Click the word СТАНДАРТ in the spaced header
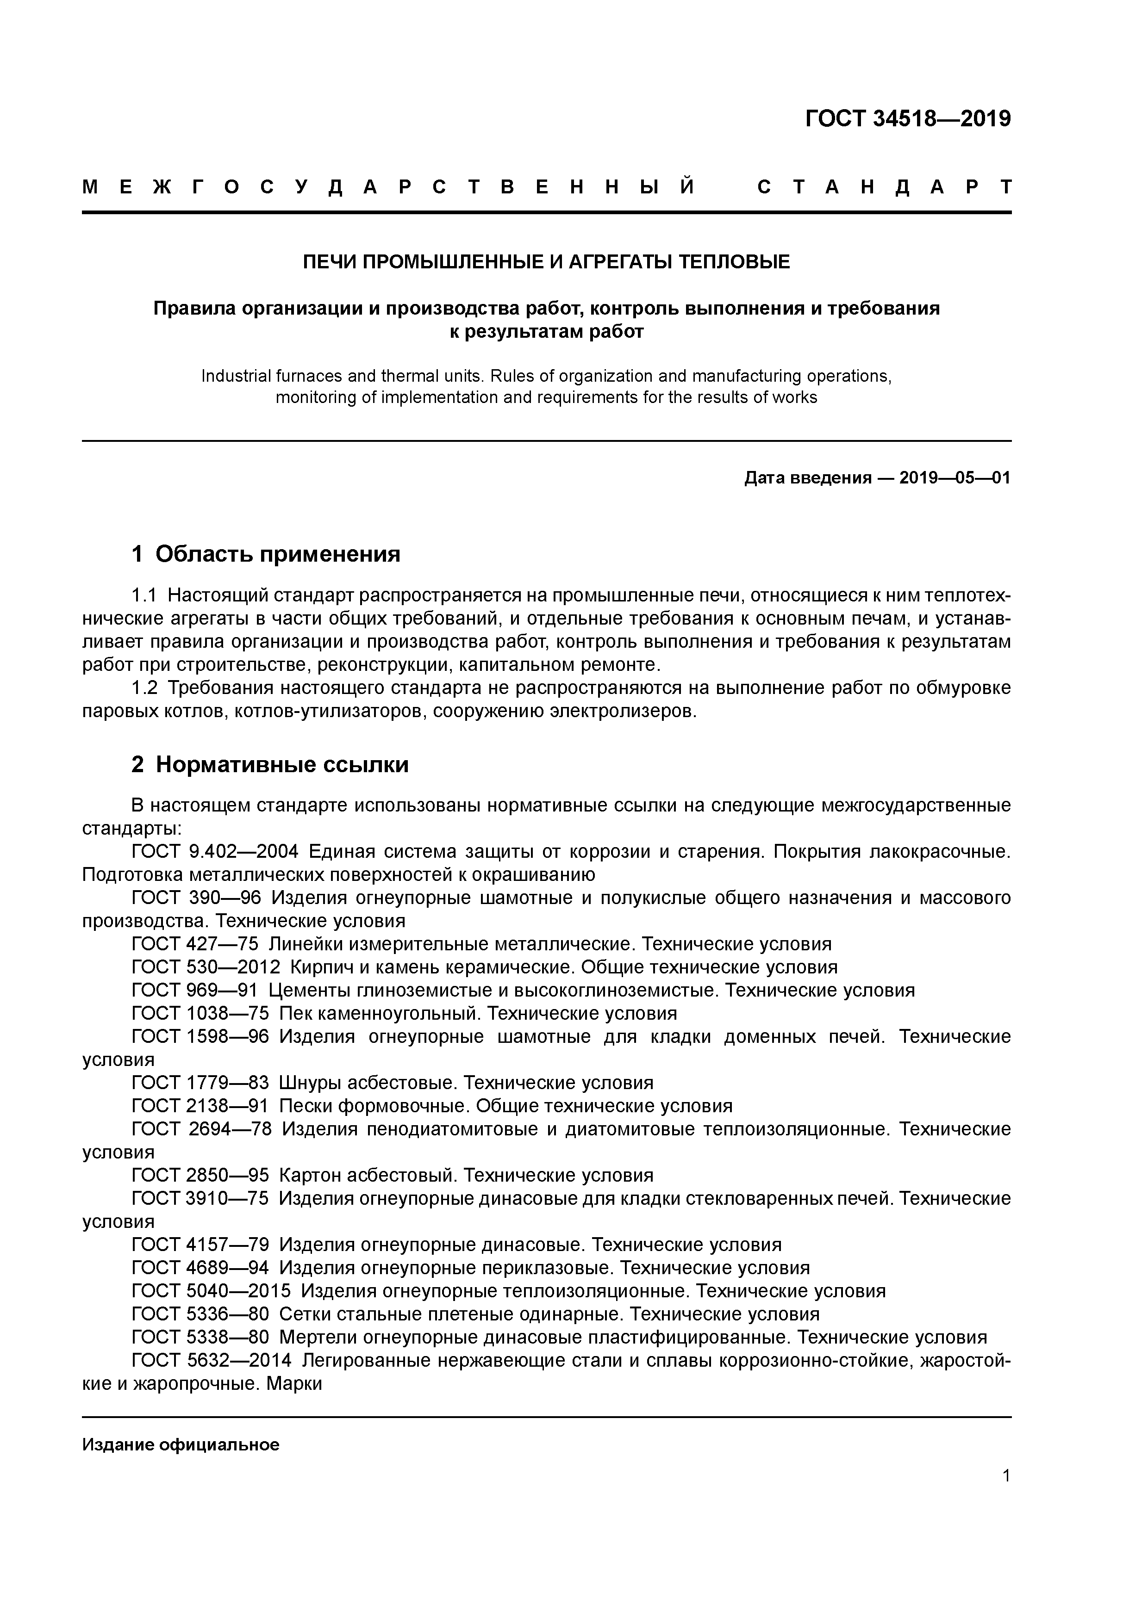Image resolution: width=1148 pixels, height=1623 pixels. point(884,187)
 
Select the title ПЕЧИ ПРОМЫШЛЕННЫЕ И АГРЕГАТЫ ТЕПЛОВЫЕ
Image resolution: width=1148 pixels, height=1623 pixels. point(546,262)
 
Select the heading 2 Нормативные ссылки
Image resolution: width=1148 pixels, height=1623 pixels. point(270,764)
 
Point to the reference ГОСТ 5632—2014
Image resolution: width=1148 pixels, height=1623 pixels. point(211,1360)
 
